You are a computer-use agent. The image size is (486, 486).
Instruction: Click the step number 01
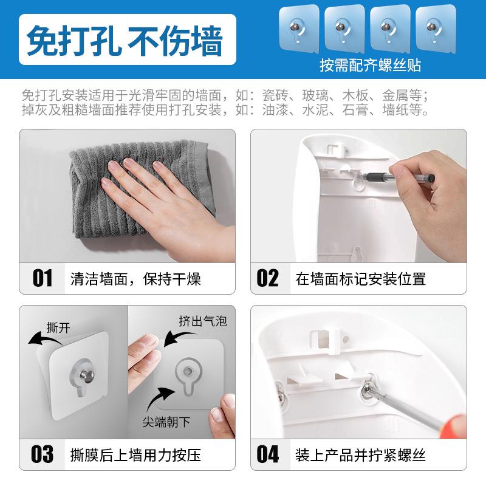pyautogui.click(x=43, y=278)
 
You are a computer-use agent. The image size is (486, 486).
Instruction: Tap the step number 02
pyautogui.click(x=267, y=278)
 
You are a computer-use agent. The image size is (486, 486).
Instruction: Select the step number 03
pyautogui.click(x=43, y=454)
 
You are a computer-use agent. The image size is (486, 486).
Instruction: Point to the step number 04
pyautogui.click(x=267, y=454)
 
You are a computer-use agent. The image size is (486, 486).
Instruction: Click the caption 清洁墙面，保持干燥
pyautogui.click(x=135, y=279)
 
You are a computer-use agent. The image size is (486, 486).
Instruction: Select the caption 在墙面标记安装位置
pyautogui.click(x=361, y=279)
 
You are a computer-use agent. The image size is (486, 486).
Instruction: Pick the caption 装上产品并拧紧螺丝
pyautogui.click(x=361, y=454)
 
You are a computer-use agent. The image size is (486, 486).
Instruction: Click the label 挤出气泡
pyautogui.click(x=202, y=320)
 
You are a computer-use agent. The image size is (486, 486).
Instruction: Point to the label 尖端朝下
pyautogui.click(x=176, y=420)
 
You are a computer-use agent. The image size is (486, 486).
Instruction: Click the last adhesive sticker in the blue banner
pyautogui.click(x=431, y=29)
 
